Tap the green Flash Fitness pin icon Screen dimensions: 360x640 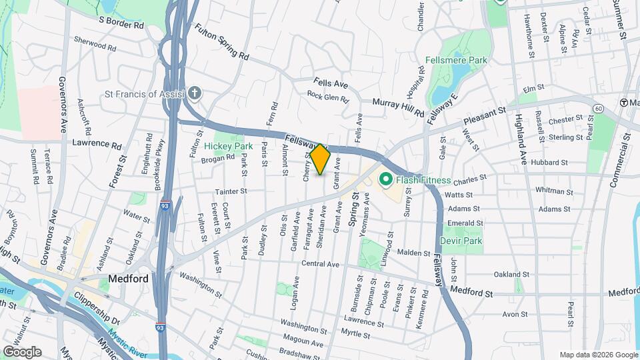[385, 180]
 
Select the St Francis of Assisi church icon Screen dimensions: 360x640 [194, 93]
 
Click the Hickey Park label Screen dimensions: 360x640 [229, 146]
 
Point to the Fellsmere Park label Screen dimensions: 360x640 [456, 60]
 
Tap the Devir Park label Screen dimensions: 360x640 [461, 240]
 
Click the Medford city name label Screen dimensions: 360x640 [128, 279]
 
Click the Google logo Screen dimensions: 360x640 [22, 351]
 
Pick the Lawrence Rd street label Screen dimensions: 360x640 [97, 144]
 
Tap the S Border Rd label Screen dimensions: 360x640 [121, 23]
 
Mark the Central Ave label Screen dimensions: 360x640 [321, 264]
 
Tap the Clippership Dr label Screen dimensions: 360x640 [96, 305]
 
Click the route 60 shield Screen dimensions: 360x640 [599, 108]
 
